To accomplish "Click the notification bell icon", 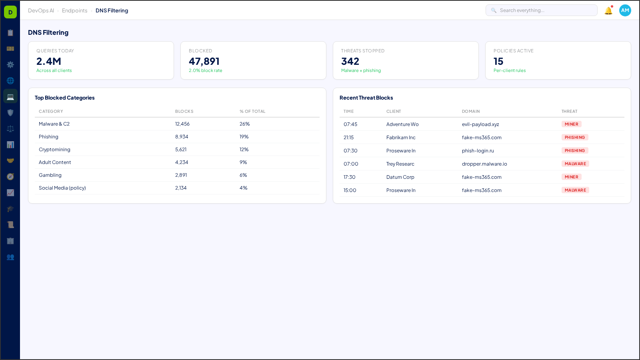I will (x=608, y=11).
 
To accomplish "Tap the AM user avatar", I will (x=625, y=10).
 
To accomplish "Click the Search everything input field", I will (x=544, y=10).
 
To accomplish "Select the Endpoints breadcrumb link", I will (x=74, y=11).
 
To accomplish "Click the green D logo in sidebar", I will (x=10, y=12).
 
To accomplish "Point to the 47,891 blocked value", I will (x=204, y=61).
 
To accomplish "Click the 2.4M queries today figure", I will (x=49, y=61).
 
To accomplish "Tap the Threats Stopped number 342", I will (x=350, y=61).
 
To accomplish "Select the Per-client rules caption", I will (x=509, y=70).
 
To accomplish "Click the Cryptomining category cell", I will (x=54, y=150).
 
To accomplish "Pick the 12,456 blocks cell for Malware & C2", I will (x=182, y=124).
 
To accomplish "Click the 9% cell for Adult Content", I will (x=243, y=162).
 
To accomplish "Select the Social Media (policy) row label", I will (x=62, y=188).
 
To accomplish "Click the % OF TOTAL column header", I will (x=252, y=111).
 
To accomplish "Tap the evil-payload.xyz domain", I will (x=480, y=124).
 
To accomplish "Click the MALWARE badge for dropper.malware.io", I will (x=575, y=164).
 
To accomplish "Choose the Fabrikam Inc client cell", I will (x=401, y=138).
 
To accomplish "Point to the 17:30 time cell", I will (x=349, y=177).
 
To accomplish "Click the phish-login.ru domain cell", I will (x=478, y=151).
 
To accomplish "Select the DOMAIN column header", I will (x=470, y=111).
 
